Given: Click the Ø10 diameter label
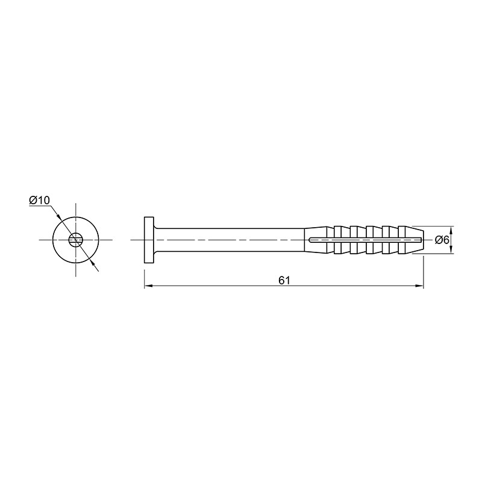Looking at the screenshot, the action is point(39,200).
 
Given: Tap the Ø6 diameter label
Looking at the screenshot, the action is point(442,240).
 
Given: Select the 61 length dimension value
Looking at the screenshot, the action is point(284,280).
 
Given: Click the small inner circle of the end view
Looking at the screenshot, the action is point(76,240).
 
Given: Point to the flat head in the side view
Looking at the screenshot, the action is point(149,240).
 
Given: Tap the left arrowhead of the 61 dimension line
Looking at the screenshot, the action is point(148,286).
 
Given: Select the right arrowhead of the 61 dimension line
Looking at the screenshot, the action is point(419,286).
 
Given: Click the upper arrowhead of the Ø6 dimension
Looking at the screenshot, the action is point(451,230).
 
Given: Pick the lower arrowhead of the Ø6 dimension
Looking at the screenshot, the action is point(451,249).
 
